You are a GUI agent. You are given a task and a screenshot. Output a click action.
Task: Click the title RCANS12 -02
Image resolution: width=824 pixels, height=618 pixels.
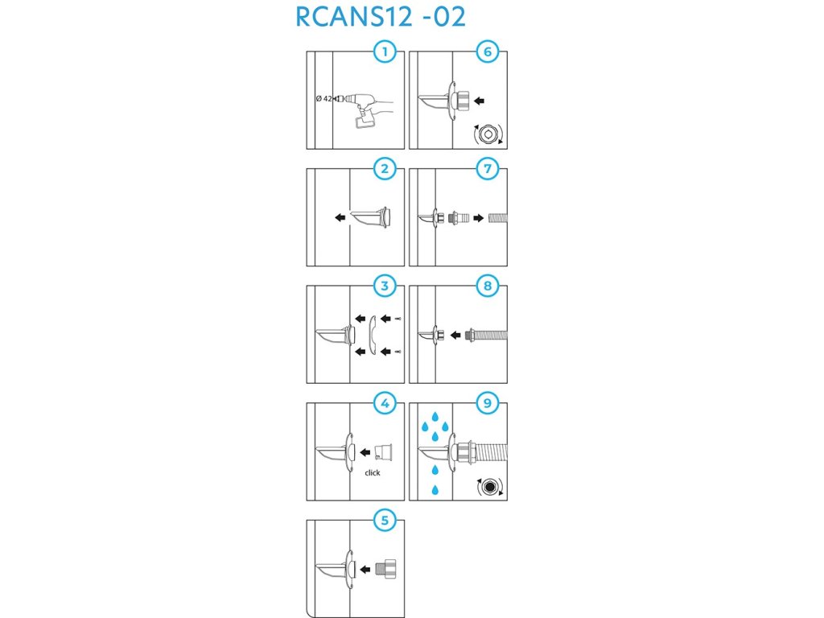click(381, 17)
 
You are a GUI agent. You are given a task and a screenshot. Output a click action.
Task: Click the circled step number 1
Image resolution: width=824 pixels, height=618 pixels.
click(385, 53)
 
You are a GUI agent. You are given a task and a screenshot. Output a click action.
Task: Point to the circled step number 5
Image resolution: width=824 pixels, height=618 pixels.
click(385, 520)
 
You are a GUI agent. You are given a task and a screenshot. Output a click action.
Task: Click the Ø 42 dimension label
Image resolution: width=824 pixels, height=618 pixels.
click(323, 99)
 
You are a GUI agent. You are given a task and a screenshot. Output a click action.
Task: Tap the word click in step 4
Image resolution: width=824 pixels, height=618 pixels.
click(372, 472)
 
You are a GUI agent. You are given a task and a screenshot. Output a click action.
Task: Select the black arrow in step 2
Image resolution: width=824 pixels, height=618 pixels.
click(341, 216)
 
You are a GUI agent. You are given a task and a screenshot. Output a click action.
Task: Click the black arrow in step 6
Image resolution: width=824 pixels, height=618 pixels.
click(480, 101)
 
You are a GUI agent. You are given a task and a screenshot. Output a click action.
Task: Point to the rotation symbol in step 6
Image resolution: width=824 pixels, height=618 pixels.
click(488, 133)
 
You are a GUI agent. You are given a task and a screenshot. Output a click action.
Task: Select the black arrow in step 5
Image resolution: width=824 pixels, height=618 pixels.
click(365, 569)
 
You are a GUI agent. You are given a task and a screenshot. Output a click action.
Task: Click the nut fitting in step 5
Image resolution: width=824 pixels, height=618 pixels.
click(386, 568)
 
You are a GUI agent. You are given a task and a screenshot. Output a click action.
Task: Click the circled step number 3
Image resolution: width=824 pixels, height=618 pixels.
click(385, 286)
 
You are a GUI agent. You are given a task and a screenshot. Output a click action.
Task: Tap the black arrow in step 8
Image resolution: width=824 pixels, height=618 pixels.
click(455, 334)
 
